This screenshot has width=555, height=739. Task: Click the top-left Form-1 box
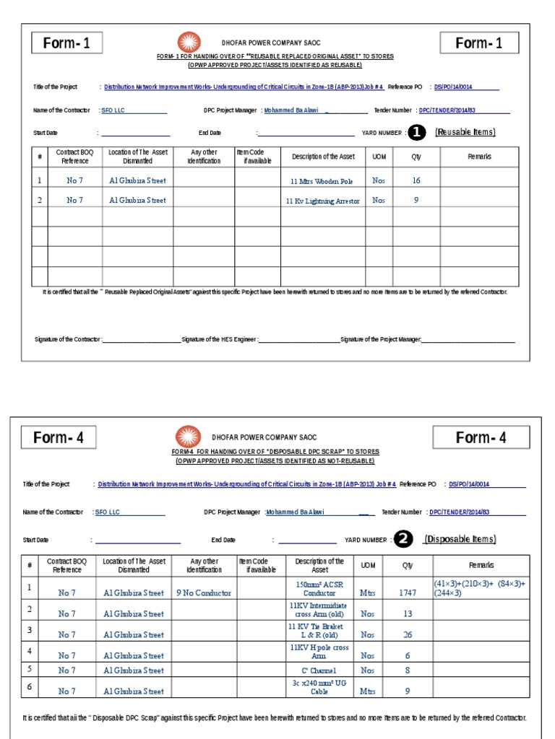[x=66, y=43]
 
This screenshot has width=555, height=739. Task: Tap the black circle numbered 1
[x=417, y=133]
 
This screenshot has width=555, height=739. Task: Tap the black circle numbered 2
[x=403, y=540]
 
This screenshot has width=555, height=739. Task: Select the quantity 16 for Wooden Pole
[x=416, y=181]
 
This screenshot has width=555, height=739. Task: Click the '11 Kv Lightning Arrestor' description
[x=322, y=201]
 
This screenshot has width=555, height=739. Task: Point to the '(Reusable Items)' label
[x=465, y=132]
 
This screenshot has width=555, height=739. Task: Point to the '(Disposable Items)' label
[x=460, y=539]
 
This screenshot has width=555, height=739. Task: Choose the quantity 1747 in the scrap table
[x=408, y=592]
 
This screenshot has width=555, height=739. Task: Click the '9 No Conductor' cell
[x=204, y=592]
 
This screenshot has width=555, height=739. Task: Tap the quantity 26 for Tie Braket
[x=408, y=634]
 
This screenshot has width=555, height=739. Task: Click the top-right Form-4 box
[x=481, y=437]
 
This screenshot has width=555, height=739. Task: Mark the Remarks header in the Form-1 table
[x=479, y=157]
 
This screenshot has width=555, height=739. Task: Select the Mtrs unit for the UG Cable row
[x=368, y=691]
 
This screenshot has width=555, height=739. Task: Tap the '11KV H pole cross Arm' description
[x=319, y=652]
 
